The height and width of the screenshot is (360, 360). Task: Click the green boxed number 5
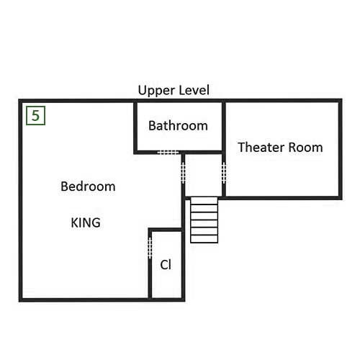(x=35, y=115)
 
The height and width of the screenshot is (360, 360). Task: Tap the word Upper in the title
(x=156, y=91)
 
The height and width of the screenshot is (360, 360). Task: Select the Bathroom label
(x=178, y=125)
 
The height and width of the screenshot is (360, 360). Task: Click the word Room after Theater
(x=305, y=147)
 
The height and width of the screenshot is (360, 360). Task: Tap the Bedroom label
(x=88, y=186)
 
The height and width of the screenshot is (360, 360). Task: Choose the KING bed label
(x=86, y=222)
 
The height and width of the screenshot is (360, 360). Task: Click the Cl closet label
(x=166, y=265)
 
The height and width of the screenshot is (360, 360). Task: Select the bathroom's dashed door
(x=168, y=153)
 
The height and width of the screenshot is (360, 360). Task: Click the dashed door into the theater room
(x=224, y=173)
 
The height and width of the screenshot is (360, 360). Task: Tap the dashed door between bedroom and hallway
(x=183, y=173)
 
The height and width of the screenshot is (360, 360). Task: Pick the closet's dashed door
(x=150, y=248)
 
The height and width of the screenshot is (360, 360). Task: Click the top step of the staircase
(x=204, y=201)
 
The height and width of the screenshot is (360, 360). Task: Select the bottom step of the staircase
(x=204, y=239)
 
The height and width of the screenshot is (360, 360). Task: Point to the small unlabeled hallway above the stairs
(x=204, y=175)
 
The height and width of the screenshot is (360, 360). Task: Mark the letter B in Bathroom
(x=152, y=125)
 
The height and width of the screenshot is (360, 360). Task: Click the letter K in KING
(x=75, y=222)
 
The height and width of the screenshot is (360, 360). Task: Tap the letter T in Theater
(x=242, y=147)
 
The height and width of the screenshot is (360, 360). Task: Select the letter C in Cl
(x=163, y=265)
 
